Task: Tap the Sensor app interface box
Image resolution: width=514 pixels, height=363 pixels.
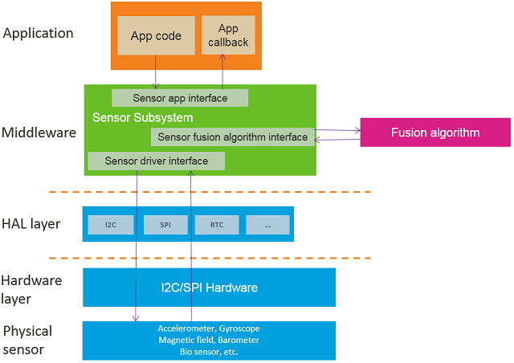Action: [180, 98]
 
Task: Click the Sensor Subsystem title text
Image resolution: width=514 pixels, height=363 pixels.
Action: [142, 118]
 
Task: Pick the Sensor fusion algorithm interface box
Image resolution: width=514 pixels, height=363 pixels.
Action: [232, 137]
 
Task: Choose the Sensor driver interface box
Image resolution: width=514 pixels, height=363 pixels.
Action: [156, 161]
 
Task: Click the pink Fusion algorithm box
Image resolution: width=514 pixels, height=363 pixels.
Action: [434, 133]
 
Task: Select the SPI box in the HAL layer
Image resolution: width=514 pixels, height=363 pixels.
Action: [165, 225]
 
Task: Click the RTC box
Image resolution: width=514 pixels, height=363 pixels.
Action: [217, 225]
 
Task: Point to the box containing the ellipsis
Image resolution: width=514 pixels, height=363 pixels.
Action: [267, 225]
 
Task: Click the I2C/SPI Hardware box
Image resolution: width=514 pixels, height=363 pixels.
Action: [209, 288]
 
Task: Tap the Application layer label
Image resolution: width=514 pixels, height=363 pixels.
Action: [38, 34]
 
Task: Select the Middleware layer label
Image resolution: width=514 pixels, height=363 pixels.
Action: [39, 133]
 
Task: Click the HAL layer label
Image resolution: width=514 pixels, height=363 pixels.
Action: [31, 224]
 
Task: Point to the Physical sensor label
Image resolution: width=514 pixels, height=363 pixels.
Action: [27, 341]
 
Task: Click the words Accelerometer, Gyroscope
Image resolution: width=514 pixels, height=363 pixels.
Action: [209, 328]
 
